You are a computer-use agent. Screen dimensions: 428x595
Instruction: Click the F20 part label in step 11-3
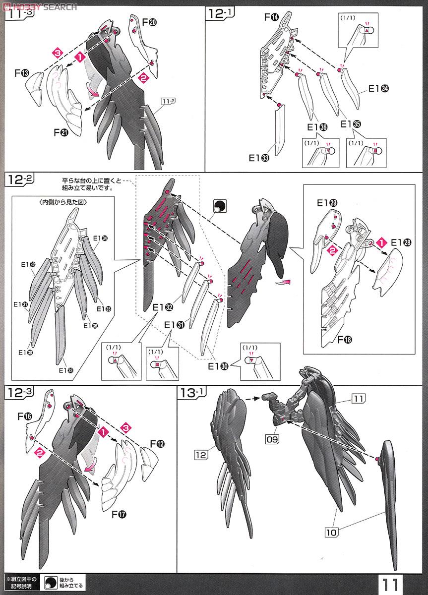tap(150, 22)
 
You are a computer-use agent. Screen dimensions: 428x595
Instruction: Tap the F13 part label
tap(22, 73)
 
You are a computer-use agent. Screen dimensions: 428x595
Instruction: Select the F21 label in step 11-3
tap(61, 132)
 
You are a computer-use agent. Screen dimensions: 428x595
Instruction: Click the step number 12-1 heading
tap(220, 13)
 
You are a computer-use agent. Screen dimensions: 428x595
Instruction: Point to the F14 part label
tap(271, 17)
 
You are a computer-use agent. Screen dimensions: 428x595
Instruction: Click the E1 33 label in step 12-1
tap(259, 158)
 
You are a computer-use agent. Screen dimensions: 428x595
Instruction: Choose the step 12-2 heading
tap(20, 179)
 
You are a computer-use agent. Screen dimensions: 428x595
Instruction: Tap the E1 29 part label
tap(327, 203)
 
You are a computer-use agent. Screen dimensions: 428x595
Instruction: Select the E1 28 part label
tap(401, 242)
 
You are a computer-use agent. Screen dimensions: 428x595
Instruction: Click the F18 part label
tap(345, 339)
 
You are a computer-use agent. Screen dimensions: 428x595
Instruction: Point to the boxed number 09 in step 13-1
tap(272, 439)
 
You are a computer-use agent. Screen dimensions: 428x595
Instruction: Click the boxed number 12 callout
tap(201, 455)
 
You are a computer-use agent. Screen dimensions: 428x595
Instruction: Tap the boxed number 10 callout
tap(331, 533)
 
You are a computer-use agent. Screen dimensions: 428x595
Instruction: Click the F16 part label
tap(25, 416)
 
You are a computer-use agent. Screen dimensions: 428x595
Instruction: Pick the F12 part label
tap(158, 444)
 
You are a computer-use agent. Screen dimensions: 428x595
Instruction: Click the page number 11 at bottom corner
tap(390, 585)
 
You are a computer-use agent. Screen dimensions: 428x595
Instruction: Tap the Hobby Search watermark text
tap(40, 6)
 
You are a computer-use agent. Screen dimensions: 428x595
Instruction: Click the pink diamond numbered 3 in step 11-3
tap(58, 53)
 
